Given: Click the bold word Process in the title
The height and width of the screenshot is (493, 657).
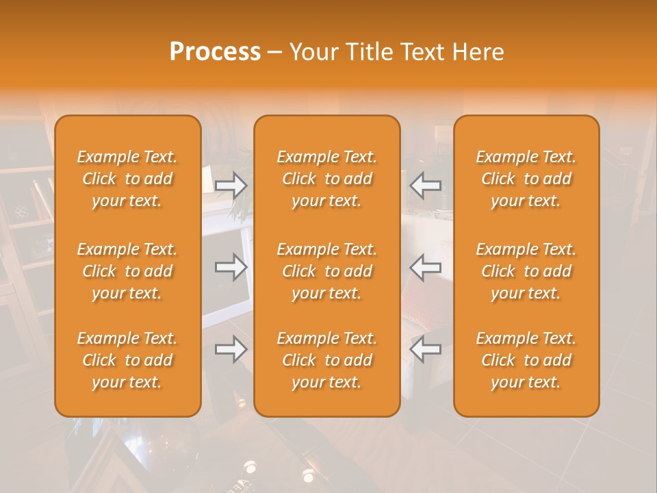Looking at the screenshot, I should [215, 52].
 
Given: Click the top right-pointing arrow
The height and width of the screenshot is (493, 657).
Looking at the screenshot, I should [231, 186].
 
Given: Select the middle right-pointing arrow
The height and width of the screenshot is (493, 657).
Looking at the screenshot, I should [231, 267].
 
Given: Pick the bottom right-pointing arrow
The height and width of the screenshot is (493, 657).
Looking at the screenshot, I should [231, 349].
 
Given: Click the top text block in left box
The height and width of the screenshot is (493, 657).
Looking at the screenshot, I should [127, 179].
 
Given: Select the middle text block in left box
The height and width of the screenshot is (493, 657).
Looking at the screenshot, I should [127, 271].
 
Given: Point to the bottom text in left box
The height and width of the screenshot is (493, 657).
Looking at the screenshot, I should [127, 360].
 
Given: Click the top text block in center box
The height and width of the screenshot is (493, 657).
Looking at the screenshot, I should [327, 179].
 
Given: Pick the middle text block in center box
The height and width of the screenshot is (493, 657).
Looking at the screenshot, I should [327, 271].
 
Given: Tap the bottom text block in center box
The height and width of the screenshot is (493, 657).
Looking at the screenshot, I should [327, 360].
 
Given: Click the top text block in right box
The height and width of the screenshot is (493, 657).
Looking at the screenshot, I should [526, 179].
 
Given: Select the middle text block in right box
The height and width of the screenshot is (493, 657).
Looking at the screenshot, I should [526, 271].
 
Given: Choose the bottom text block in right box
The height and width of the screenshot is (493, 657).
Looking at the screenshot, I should [526, 360].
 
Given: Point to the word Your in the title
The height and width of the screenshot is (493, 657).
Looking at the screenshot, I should [312, 52].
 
